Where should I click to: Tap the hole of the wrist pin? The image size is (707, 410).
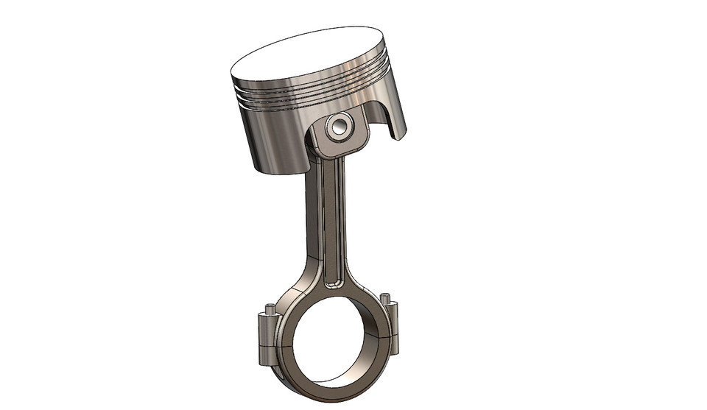click(x=340, y=127)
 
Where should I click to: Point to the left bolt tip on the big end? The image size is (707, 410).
click(x=270, y=308)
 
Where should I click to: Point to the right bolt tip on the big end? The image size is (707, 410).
click(x=385, y=298)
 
